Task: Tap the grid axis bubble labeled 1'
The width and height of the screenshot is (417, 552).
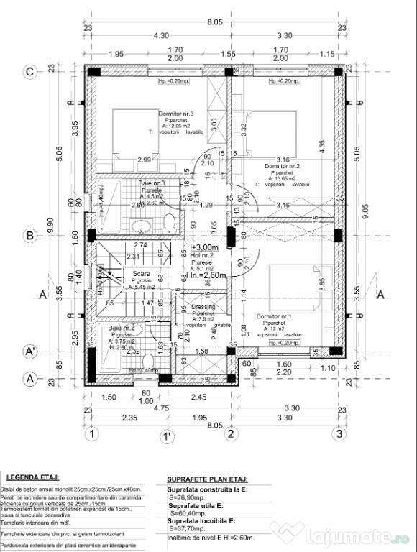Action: pos(166,434)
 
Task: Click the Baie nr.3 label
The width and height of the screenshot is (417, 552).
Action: pos(152,183)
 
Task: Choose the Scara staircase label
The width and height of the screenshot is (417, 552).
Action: pos(141,273)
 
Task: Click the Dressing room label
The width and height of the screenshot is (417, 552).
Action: pos(203,307)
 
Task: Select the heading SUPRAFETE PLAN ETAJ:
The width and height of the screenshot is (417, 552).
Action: pos(207,477)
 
